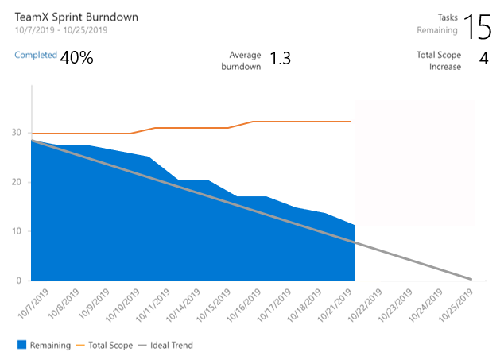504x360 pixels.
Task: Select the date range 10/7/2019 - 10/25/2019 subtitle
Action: (x=61, y=30)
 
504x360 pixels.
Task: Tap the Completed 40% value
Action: (x=77, y=57)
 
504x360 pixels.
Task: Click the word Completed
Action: (x=36, y=56)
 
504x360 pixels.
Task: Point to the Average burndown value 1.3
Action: (x=280, y=59)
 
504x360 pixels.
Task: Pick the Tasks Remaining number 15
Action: (x=478, y=26)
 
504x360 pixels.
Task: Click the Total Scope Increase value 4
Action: (x=483, y=59)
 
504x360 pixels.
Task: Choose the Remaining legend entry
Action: (x=45, y=346)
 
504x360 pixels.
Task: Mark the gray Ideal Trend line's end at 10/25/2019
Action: (x=471, y=279)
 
